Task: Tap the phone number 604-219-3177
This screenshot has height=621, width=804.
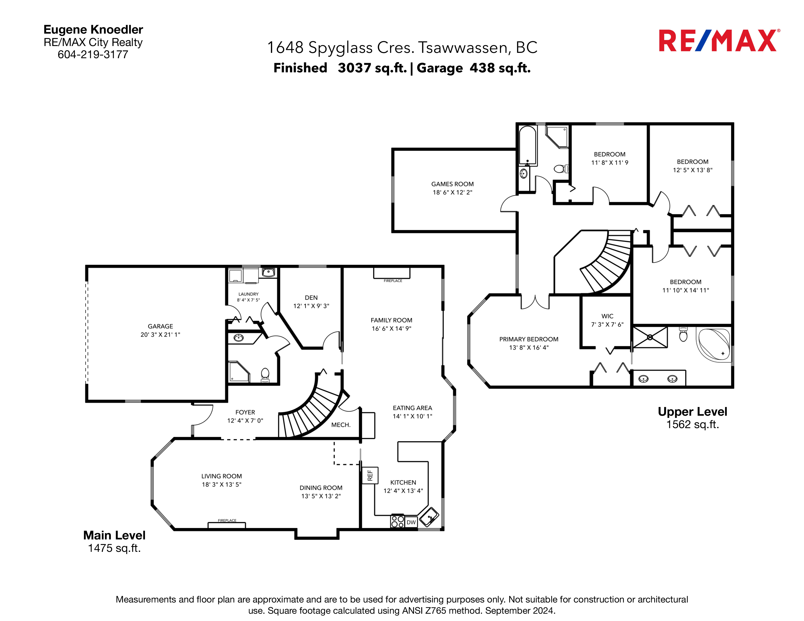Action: pyautogui.click(x=93, y=55)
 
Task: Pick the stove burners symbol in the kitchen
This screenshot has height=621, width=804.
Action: pyautogui.click(x=398, y=521)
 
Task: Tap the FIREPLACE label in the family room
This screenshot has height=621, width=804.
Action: pyautogui.click(x=393, y=281)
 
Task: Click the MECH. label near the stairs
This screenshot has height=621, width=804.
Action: pyautogui.click(x=341, y=425)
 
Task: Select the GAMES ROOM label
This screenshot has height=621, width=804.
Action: pyautogui.click(x=452, y=184)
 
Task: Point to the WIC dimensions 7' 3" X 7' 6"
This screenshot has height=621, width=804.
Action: pyautogui.click(x=607, y=324)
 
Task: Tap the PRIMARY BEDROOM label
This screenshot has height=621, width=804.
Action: pyautogui.click(x=529, y=339)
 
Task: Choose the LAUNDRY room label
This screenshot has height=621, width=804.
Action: pyautogui.click(x=249, y=294)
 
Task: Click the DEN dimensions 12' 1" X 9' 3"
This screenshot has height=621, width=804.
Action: pyautogui.click(x=311, y=306)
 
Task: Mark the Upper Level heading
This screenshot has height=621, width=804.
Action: pyautogui.click(x=692, y=412)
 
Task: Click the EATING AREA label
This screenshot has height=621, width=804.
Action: pyautogui.click(x=412, y=408)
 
